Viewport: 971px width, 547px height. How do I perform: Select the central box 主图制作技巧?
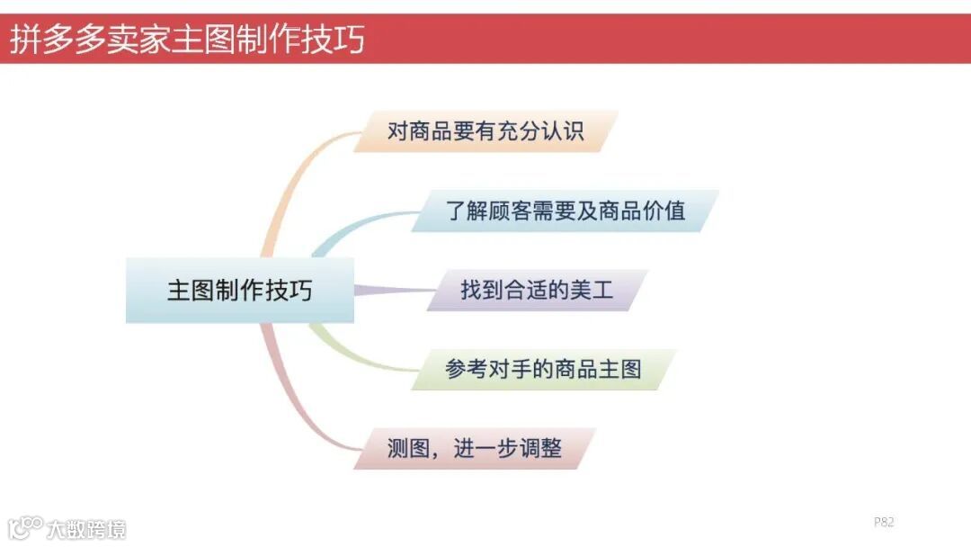(x=239, y=291)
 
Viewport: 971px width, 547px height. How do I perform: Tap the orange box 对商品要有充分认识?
(x=485, y=131)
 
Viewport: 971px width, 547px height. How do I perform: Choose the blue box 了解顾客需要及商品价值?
(x=566, y=211)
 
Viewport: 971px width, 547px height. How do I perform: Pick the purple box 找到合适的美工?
(x=537, y=291)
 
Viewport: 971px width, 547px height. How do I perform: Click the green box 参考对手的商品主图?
(x=543, y=369)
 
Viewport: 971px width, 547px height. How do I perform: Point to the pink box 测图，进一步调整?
(x=475, y=448)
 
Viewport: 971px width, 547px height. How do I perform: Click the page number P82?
(x=884, y=522)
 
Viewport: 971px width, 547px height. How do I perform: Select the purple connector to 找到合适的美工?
(x=391, y=290)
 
